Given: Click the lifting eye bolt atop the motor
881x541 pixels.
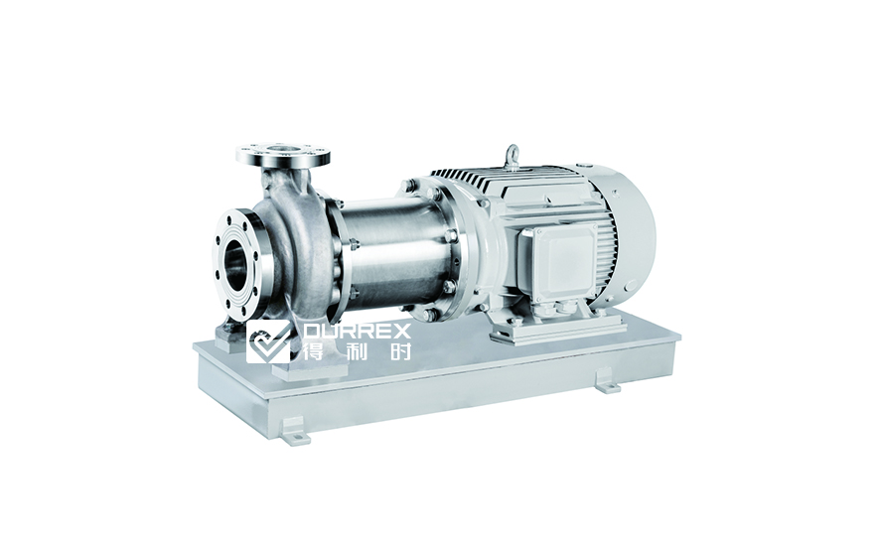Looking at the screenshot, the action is [x=511, y=156].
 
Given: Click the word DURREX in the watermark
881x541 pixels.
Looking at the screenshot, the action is [x=357, y=331].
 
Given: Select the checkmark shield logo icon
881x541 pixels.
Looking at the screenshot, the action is [x=268, y=342].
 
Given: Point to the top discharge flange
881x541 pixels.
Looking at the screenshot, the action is [x=283, y=154].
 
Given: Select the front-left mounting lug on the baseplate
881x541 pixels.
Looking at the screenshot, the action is [x=296, y=431].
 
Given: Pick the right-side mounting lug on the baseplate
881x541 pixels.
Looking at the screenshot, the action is [x=608, y=380].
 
